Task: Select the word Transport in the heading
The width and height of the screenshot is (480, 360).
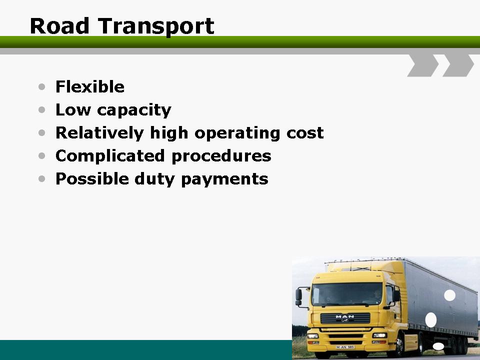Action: pyautogui.click(x=156, y=27)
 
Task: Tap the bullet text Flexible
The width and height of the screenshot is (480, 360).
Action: pyautogui.click(x=89, y=86)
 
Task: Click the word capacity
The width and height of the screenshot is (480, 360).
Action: pyautogui.click(x=134, y=110)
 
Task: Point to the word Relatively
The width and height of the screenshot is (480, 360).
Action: pyautogui.click(x=99, y=133)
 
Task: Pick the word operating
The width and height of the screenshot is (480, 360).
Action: pyautogui.click(x=237, y=133)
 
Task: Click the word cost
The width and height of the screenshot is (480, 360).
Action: pyautogui.click(x=305, y=133)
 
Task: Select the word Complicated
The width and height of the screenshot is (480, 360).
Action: pyautogui.click(x=110, y=155)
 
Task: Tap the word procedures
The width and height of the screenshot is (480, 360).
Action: pyautogui.click(x=221, y=156)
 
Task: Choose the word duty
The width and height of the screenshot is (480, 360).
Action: pyautogui.click(x=154, y=179)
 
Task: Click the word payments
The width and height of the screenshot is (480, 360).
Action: pyautogui.click(x=224, y=179)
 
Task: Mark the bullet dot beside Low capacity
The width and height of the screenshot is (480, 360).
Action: pyautogui.click(x=42, y=109)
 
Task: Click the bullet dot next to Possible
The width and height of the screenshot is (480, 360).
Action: pyautogui.click(x=42, y=178)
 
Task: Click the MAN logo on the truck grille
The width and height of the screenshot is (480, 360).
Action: pyautogui.click(x=344, y=316)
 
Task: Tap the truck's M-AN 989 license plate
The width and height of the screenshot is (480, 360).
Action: pyautogui.click(x=345, y=347)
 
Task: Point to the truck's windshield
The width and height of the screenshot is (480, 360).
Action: pyautogui.click(x=347, y=294)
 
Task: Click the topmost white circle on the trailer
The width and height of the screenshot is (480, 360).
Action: pyautogui.click(x=449, y=295)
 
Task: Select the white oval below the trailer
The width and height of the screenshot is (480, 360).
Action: pyautogui.click(x=438, y=346)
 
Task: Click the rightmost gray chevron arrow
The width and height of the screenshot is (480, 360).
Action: pyautogui.click(x=458, y=65)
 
